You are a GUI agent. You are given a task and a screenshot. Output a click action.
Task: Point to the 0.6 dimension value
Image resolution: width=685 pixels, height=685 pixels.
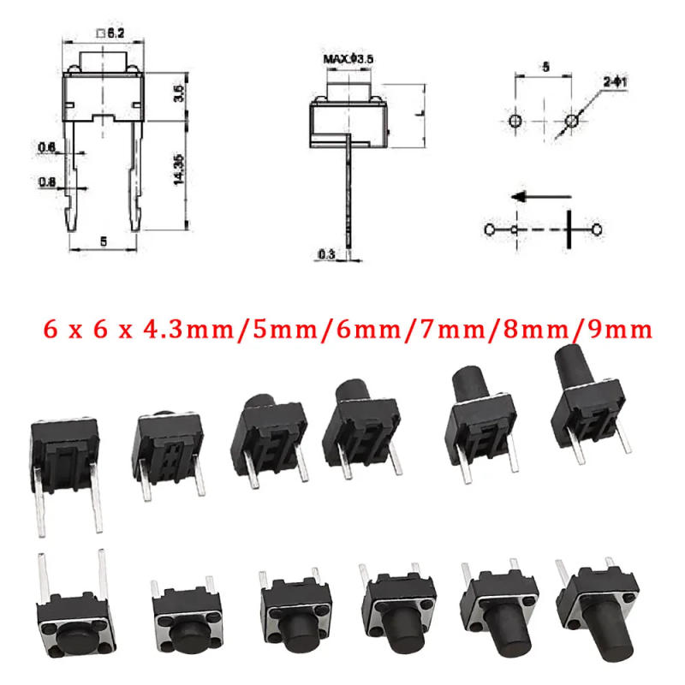[x=46, y=148]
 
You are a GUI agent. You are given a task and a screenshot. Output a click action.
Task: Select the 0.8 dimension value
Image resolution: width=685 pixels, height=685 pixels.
[x=46, y=182]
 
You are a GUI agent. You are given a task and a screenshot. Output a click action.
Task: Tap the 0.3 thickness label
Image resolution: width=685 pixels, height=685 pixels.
[x=325, y=253]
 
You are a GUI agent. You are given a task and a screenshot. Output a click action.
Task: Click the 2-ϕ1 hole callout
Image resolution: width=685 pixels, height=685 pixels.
[x=616, y=82]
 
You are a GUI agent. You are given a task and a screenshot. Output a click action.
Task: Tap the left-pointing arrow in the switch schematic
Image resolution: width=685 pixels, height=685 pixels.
[x=531, y=196]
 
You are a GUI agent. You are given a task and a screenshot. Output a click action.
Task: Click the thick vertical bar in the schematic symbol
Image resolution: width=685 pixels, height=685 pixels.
[x=568, y=230]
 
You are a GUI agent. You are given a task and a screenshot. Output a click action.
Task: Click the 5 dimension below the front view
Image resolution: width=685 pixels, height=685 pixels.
[x=104, y=241]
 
